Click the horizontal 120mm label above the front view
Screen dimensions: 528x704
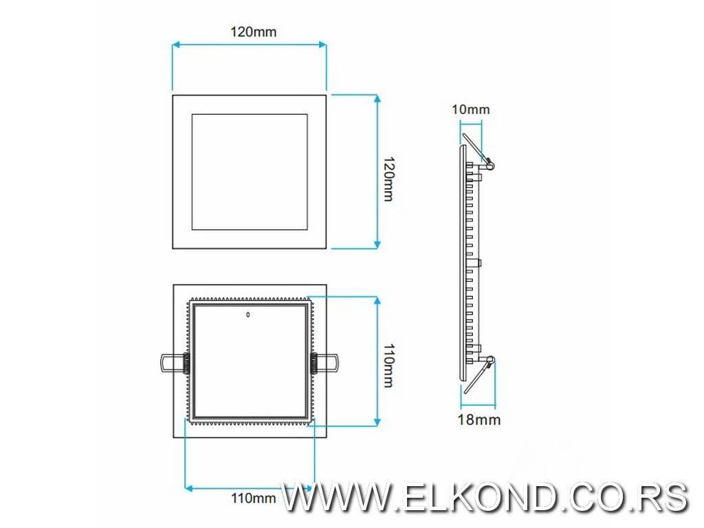point(249,32)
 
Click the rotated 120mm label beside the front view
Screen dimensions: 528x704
point(388,179)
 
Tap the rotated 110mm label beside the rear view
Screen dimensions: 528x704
point(388,365)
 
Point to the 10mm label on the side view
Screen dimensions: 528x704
point(471,109)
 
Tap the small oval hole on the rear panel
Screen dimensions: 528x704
point(248,316)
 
